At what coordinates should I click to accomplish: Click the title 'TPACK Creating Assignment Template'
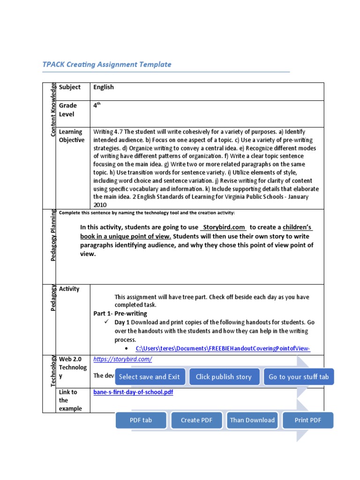pos(107,65)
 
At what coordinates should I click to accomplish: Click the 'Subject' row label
pos(69,87)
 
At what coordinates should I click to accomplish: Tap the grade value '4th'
pos(97,105)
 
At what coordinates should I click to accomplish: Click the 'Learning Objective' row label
pos(72,136)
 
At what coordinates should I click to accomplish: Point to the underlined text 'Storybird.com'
pos(224,227)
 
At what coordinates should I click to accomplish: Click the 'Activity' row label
pos(69,289)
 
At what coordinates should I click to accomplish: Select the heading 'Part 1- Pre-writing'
pos(120,314)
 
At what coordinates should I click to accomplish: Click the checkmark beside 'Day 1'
pos(106,322)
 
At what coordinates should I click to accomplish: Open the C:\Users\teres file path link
pos(223,349)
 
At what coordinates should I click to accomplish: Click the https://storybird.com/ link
pos(123,360)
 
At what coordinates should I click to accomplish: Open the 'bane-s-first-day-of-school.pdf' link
pos(133,392)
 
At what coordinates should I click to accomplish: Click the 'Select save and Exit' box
pos(149,377)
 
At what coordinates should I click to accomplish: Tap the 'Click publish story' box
pos(224,377)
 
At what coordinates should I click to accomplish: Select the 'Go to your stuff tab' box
pos(299,377)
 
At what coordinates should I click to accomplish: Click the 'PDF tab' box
pos(141,420)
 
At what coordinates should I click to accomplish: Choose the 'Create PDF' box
pos(197,420)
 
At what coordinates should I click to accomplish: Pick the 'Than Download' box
pos(252,420)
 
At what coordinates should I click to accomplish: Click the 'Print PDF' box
pos(308,420)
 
